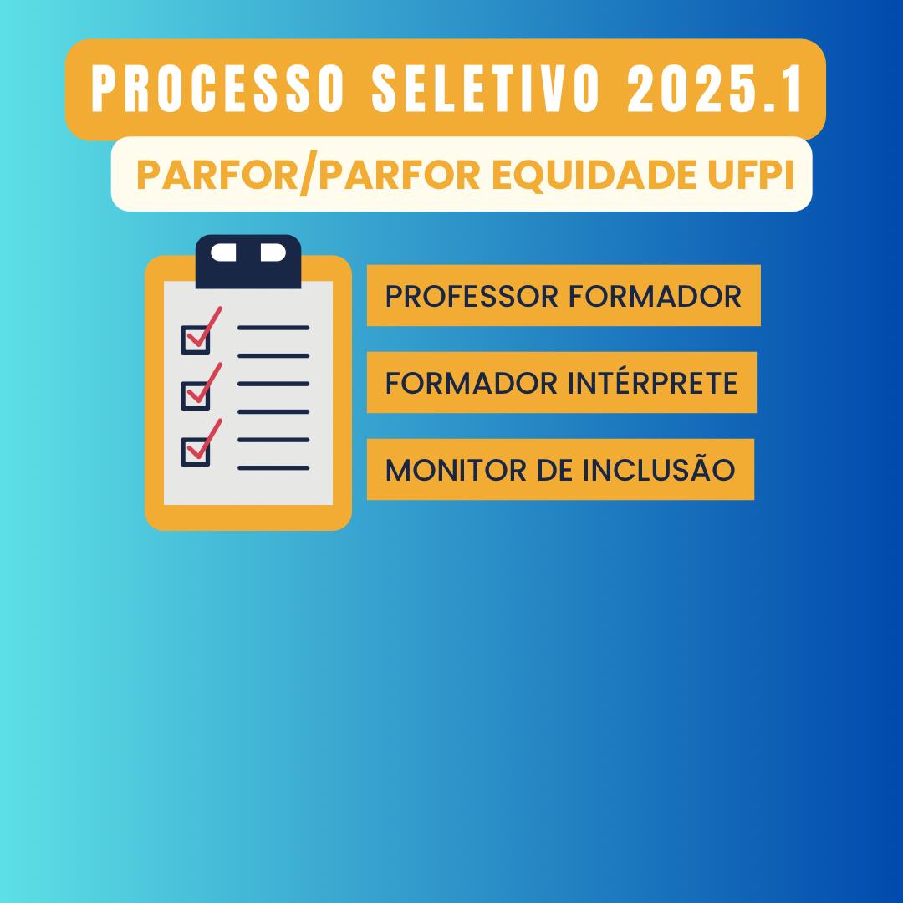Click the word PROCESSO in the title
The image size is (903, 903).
(218, 89)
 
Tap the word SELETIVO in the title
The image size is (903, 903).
(487, 89)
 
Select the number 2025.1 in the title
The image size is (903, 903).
(715, 89)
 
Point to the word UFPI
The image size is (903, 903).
(751, 175)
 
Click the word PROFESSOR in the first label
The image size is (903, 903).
(472, 297)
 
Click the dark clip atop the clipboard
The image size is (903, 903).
(248, 262)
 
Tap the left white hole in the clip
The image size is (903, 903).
(223, 253)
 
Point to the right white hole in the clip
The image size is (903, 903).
(273, 253)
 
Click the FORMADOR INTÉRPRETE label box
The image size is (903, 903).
(562, 382)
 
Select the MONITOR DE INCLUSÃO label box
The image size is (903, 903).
(560, 469)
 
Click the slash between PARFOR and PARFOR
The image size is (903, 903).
(309, 176)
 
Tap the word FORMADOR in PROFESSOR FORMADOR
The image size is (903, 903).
(655, 297)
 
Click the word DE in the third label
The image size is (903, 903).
(554, 470)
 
